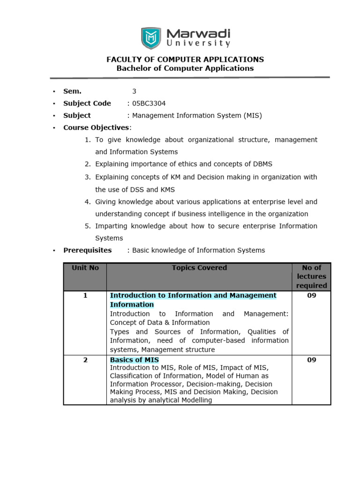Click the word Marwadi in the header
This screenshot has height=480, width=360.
pos(199,34)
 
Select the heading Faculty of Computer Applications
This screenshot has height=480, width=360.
pos(185,60)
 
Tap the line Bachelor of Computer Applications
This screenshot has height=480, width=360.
pos(185,68)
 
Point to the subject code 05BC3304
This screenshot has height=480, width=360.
pos(149,104)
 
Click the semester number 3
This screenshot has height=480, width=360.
pos(134,91)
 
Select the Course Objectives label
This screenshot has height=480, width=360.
pos(97,127)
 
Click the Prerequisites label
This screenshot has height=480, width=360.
pos(88,250)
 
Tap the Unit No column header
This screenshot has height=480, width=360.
pos(85,268)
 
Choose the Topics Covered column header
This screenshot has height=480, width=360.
pos(199,268)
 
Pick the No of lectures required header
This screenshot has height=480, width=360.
pos(311,277)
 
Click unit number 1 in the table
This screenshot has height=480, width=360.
pos(85,295)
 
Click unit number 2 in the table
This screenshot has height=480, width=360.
pos(85,360)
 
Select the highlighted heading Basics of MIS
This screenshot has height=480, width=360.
pos(135,360)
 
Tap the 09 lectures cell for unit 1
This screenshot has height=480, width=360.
pos(311,295)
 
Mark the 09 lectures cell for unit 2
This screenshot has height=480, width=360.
pos(311,360)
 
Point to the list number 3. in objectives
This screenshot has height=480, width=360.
pos(88,177)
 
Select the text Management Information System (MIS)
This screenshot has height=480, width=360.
pos(197,115)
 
